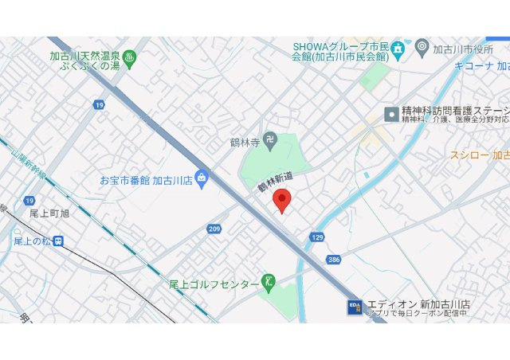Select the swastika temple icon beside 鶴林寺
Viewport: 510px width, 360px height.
point(272,141)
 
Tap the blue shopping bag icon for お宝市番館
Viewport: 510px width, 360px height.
point(201,177)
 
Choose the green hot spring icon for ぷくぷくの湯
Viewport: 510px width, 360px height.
point(130,57)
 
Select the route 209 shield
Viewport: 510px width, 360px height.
point(214,229)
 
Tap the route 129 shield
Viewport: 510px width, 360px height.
point(317,237)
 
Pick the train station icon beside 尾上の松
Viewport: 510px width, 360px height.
point(60,241)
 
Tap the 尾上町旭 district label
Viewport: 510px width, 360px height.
point(49,213)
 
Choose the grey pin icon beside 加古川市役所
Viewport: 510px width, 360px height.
point(422,48)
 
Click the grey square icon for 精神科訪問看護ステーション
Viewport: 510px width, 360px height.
point(390,114)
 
